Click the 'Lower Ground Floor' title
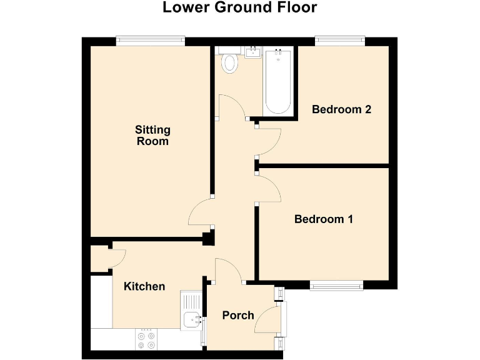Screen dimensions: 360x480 tap(239, 8)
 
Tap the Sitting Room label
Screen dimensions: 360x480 tap(152, 136)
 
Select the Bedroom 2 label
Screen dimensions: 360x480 tap(341, 109)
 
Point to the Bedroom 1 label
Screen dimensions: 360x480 tap(324, 219)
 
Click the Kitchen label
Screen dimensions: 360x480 tap(144, 286)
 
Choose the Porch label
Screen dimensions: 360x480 tap(238, 315)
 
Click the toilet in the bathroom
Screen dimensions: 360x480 tap(231, 62)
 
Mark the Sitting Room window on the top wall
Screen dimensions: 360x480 tap(150, 41)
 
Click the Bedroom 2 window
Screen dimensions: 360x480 tap(341, 41)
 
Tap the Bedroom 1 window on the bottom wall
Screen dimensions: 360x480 tap(336, 286)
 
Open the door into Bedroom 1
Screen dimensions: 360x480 tap(269, 188)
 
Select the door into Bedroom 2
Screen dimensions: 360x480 tap(269, 141)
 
